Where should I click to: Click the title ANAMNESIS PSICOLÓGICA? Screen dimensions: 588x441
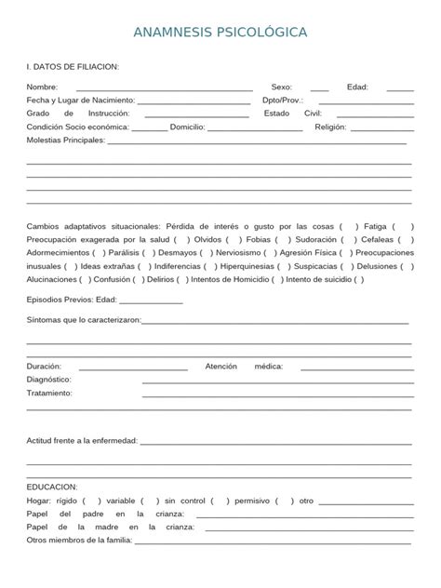[220, 33]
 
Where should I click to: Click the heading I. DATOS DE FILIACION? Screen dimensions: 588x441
[73, 67]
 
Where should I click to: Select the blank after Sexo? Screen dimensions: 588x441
[319, 87]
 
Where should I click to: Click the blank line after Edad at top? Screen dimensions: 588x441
[400, 87]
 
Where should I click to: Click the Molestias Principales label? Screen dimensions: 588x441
[66, 140]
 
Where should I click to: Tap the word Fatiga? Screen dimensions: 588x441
[375, 225]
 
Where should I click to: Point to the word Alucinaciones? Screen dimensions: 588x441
[52, 279]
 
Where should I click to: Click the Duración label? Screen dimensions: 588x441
[46, 367]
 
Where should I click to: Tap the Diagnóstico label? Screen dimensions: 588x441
[49, 380]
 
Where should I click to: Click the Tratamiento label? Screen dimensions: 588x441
[49, 393]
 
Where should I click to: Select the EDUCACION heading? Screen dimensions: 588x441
[52, 487]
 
